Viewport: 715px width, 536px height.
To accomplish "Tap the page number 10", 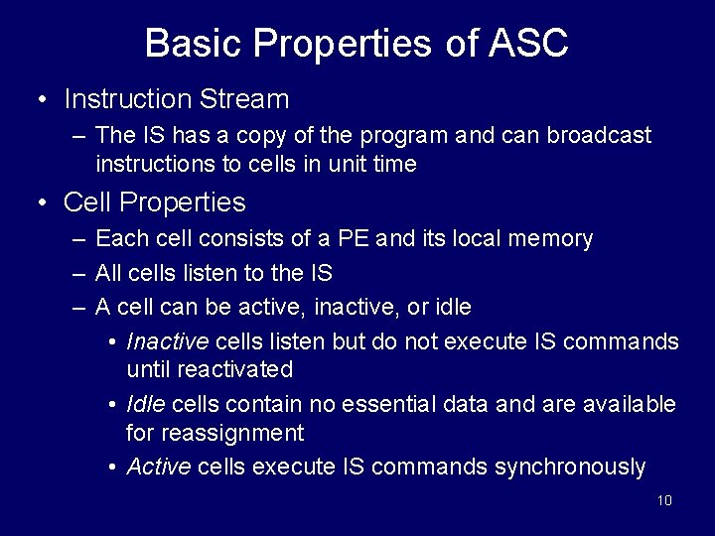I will (664, 500).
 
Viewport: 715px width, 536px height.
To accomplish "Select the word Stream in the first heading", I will (243, 99).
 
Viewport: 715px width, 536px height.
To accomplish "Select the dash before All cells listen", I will (79, 273).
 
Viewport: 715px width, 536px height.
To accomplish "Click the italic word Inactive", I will (167, 341).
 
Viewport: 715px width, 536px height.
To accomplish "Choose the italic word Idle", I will (146, 404).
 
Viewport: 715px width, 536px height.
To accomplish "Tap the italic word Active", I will (159, 467).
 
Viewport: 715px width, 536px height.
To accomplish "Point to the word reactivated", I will (234, 370).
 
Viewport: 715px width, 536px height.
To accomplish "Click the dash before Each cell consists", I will (79, 239).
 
